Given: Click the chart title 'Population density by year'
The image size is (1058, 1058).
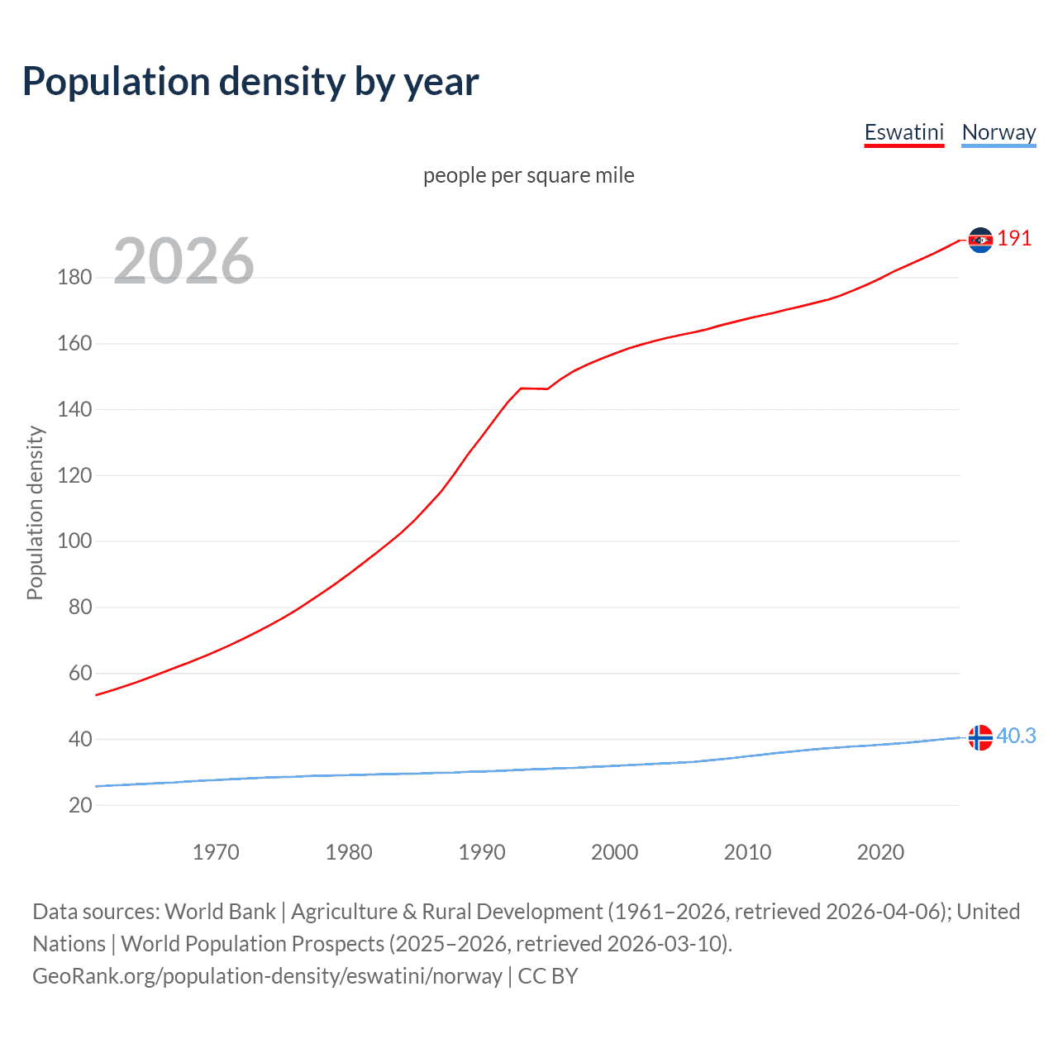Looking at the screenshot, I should [250, 82].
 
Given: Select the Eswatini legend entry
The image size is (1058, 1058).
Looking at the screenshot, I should [903, 132].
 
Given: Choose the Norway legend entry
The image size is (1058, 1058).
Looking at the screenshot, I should [998, 132].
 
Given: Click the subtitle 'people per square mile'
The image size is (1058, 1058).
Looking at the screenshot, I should [528, 175].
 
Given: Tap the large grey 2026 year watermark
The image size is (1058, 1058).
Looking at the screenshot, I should [183, 261].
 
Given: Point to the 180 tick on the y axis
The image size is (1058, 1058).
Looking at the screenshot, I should [74, 277].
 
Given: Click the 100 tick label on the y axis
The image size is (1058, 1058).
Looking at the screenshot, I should [74, 541].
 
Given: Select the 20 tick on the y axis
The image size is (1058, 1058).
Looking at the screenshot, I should [80, 805].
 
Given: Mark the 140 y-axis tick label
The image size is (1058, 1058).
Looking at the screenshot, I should [74, 409].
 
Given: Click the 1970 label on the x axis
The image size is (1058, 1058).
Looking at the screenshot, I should [216, 852].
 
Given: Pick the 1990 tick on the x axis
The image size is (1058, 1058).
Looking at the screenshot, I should [482, 852].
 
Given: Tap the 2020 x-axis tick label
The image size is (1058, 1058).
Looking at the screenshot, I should [880, 852].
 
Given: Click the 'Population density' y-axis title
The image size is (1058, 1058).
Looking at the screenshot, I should [35, 512].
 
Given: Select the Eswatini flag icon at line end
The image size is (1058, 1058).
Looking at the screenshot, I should [980, 240].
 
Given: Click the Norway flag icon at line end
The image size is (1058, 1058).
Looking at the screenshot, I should [980, 737].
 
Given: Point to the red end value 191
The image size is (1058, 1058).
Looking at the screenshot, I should [1014, 239].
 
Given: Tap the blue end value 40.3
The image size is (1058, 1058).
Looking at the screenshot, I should [1016, 736].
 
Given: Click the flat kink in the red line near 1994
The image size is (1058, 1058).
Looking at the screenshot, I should [534, 388].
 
